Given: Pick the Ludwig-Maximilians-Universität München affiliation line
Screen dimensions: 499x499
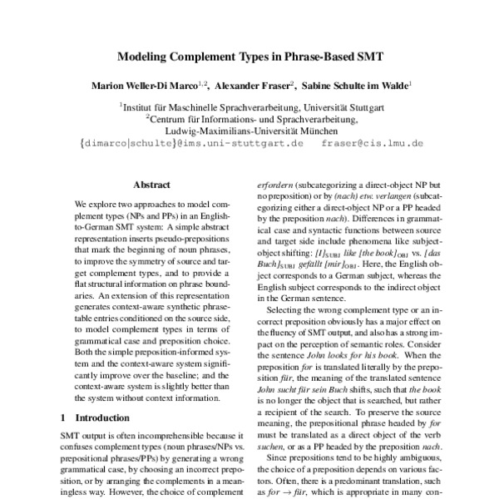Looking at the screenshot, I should coord(249,131).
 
